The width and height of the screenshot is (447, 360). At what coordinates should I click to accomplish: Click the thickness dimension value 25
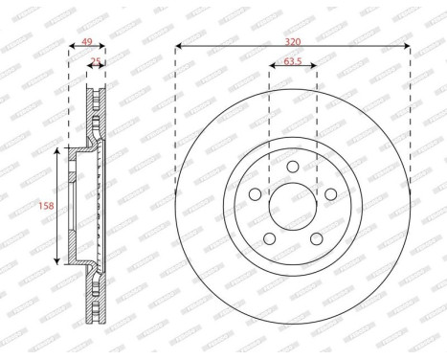pos(95,62)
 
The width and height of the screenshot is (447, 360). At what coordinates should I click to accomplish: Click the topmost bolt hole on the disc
pos(293,167)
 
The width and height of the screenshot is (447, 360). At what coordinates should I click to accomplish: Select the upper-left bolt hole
pos(255,194)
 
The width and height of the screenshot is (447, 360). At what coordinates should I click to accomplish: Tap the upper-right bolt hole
pos(331,194)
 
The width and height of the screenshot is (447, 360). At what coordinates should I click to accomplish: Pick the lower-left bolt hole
pos(269,239)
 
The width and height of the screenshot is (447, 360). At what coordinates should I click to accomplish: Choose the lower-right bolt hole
pos(317,239)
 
